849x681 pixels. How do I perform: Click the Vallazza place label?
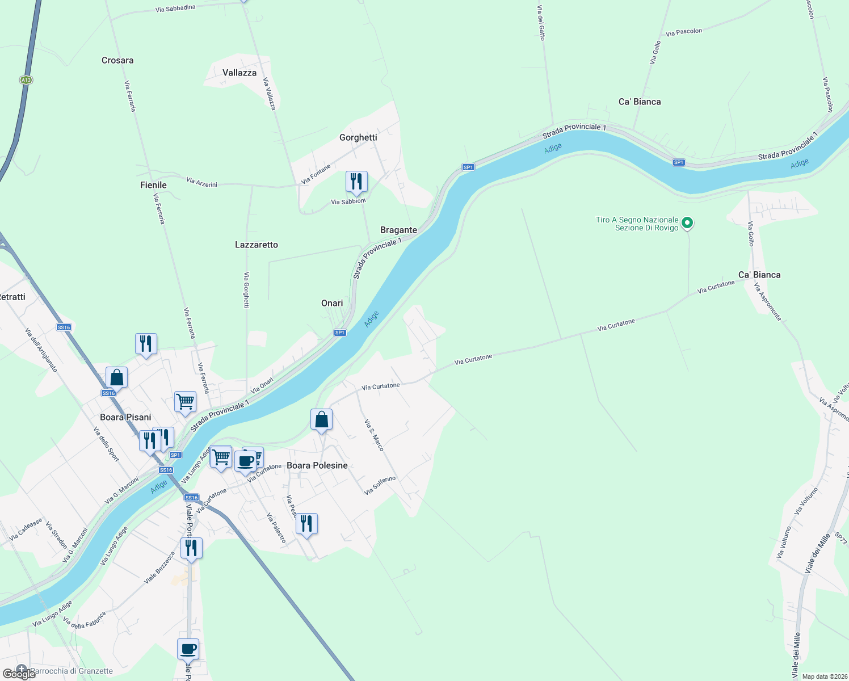(x=239, y=73)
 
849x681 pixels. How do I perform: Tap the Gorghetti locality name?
(x=358, y=137)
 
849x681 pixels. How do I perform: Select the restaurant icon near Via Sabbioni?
(x=356, y=182)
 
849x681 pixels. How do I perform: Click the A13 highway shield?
(x=26, y=80)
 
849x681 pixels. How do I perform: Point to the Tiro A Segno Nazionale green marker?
(x=687, y=224)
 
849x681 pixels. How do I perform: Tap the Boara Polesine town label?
(x=317, y=465)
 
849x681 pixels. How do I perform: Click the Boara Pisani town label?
(x=125, y=417)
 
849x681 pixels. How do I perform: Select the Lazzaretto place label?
(x=257, y=245)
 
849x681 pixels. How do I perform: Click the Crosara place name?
(x=117, y=60)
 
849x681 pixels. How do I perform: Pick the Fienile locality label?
(x=153, y=185)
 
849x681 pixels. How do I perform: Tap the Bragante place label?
(x=398, y=230)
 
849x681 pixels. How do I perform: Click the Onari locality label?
(x=332, y=303)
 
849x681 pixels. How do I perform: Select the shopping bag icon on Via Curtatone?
(x=321, y=420)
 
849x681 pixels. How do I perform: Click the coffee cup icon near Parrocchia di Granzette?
(x=188, y=649)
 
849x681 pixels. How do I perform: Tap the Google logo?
(x=19, y=674)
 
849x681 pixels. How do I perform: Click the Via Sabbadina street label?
(x=175, y=9)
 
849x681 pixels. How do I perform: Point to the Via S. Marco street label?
(x=374, y=435)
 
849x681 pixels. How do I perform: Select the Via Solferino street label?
(x=380, y=485)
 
